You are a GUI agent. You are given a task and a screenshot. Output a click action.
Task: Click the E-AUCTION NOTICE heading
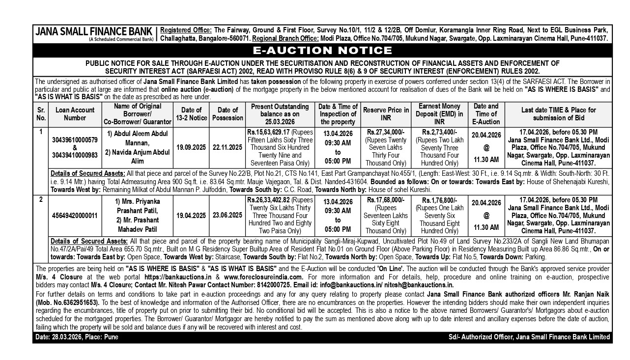(x=322, y=51)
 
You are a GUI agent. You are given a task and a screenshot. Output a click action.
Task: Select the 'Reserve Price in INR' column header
(x=386, y=114)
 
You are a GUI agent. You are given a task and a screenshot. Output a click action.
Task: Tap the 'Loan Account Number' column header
(x=75, y=114)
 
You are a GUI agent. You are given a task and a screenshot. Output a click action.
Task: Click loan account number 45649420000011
(x=75, y=215)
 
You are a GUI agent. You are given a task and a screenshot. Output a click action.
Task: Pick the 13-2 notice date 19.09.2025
(x=191, y=147)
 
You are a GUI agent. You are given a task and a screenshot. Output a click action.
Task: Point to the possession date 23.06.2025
(x=228, y=215)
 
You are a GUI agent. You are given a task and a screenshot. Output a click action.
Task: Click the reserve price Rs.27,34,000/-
(x=386, y=132)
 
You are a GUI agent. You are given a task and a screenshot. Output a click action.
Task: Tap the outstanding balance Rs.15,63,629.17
(x=269, y=132)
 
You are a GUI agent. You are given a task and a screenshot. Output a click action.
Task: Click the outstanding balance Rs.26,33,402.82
(x=269, y=200)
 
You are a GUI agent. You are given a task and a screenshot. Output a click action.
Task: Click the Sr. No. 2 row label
(x=41, y=199)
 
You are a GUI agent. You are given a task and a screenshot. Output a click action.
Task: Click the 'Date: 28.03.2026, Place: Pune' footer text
(x=77, y=337)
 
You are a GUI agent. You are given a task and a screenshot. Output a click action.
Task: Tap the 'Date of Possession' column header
(x=228, y=114)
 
